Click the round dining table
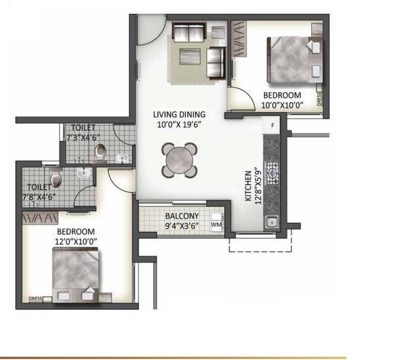point(179,160)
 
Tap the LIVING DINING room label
point(179,114)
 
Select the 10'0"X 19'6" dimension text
point(179,125)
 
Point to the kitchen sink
point(272,222)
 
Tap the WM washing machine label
point(216,224)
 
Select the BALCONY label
point(182,216)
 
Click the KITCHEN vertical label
point(249,186)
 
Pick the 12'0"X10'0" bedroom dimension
point(76,242)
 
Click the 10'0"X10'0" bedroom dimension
point(282,105)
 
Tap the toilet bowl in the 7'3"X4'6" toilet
point(100,152)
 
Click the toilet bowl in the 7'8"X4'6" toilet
point(55,177)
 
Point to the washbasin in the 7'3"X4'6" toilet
point(123,158)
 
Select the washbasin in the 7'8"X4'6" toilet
point(84,173)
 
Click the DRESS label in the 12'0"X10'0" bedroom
point(36,299)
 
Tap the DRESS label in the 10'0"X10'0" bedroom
point(319,99)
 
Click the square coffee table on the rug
point(190,57)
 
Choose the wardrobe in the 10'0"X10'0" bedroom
point(238,38)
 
